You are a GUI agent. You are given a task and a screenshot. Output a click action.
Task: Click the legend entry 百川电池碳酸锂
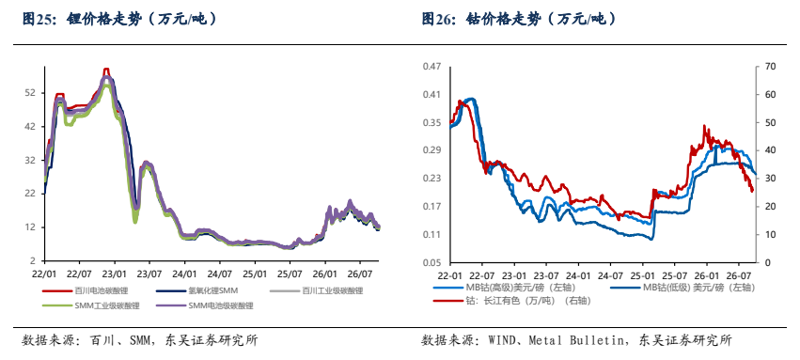coord(85,291)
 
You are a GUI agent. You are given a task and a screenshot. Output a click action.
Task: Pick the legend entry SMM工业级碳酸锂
coord(90,305)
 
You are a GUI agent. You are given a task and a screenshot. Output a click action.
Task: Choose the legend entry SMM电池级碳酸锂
coord(207,305)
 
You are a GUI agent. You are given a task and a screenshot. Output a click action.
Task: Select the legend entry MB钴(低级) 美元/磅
coord(682,287)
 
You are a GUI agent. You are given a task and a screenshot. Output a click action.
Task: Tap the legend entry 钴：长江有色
coord(511,301)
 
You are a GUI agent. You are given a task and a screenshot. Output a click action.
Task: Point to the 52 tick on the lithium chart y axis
coord(31,93)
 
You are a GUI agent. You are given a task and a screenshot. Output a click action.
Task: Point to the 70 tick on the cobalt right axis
coord(766,67)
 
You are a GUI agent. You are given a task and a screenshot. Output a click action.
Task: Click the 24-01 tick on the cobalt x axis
coord(578,274)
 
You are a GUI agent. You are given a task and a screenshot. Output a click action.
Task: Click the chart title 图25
coord(35,20)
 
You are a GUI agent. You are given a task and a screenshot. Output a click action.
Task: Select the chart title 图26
coord(435,20)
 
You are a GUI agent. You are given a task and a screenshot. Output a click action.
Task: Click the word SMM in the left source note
coord(141,339)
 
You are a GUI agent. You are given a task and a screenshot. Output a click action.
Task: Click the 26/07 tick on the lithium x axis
coord(358,273)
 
